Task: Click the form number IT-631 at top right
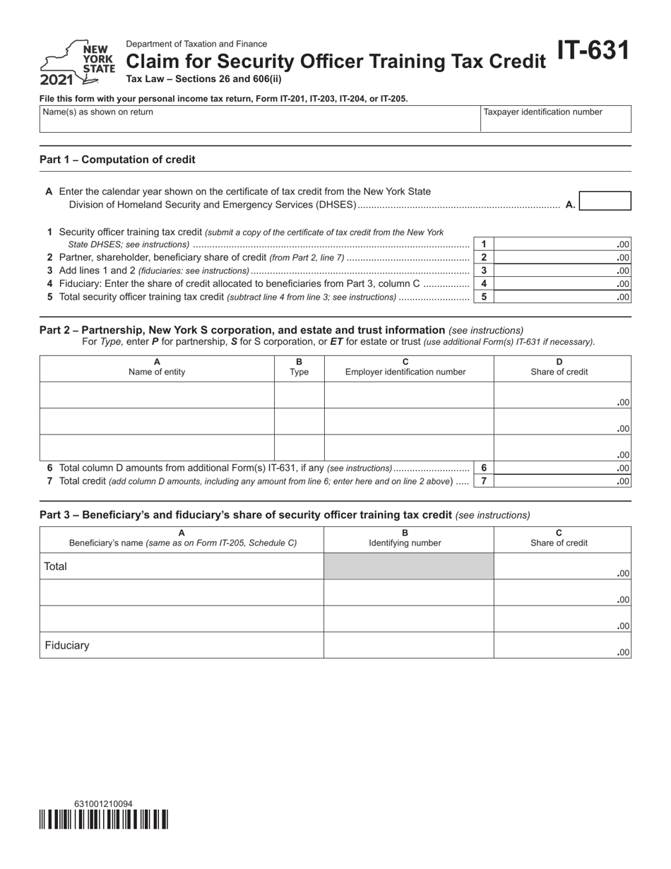[593, 52]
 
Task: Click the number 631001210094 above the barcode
[102, 804]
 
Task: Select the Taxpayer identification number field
[555, 119]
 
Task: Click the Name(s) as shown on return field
[259, 119]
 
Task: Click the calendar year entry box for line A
[605, 201]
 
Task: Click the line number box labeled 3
[483, 271]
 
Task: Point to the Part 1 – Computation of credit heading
[117, 160]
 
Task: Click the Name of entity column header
[157, 367]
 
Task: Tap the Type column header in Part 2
[299, 367]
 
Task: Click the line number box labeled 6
[483, 468]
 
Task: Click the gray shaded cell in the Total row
[408, 566]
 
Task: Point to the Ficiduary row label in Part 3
[67, 645]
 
